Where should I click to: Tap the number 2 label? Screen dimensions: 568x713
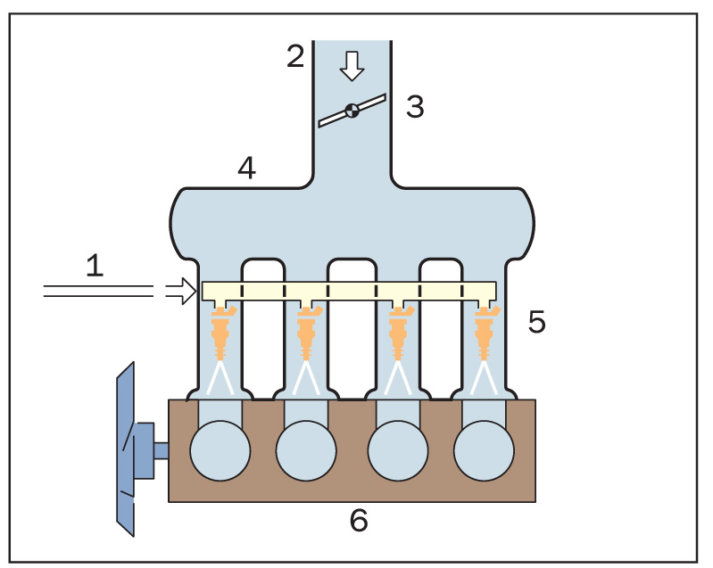(x=295, y=56)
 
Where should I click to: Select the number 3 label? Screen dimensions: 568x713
(x=414, y=107)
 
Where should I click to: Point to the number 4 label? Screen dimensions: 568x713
(x=246, y=168)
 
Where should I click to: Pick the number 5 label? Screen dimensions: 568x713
(x=536, y=322)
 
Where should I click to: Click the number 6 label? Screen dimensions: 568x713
(x=358, y=521)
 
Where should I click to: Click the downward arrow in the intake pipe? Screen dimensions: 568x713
(x=352, y=65)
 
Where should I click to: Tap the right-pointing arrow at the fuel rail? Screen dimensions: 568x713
(x=181, y=290)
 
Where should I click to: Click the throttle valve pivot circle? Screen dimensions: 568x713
(x=352, y=111)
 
